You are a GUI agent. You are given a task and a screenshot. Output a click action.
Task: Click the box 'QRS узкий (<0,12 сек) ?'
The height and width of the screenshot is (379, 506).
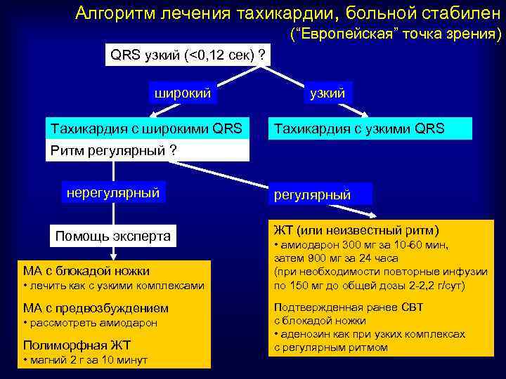point(188,55)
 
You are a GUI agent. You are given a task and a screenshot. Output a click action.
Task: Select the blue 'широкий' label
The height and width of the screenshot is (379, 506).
point(183,93)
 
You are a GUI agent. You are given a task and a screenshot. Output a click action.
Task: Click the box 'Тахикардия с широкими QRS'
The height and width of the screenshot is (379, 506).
point(147,128)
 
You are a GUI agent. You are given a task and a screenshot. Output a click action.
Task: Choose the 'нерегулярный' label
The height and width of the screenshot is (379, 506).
point(112,192)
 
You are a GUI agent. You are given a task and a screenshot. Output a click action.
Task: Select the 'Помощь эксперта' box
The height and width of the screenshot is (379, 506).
point(113,236)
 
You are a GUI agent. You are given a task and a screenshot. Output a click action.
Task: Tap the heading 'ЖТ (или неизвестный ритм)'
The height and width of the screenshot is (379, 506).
point(356,230)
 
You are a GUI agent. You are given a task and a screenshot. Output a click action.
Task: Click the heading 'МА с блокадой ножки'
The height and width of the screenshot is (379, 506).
point(86,271)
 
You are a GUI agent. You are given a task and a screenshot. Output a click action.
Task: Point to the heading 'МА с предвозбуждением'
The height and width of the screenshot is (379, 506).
point(96,308)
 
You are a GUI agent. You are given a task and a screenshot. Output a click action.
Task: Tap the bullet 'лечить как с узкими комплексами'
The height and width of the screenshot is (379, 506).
point(115,286)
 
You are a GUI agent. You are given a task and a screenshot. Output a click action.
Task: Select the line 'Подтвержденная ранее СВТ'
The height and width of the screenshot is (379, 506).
point(343,307)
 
